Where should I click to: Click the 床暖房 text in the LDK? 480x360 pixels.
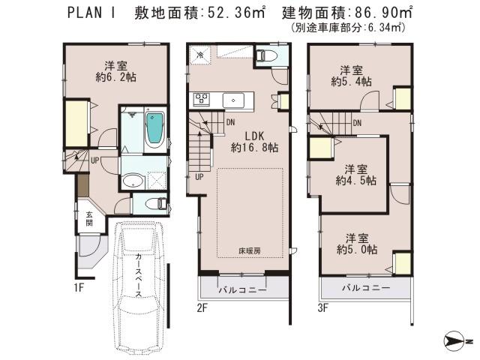coord(250,250)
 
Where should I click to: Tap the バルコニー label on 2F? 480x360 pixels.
coord(242,289)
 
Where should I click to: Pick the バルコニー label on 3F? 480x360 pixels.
coord(366,289)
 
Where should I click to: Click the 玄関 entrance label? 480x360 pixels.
coord(88,217)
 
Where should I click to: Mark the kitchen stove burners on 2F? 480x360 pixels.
coord(203,98)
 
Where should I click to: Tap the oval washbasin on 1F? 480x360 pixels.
coord(133,180)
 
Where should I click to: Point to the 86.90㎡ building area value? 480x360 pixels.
coord(380,13)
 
